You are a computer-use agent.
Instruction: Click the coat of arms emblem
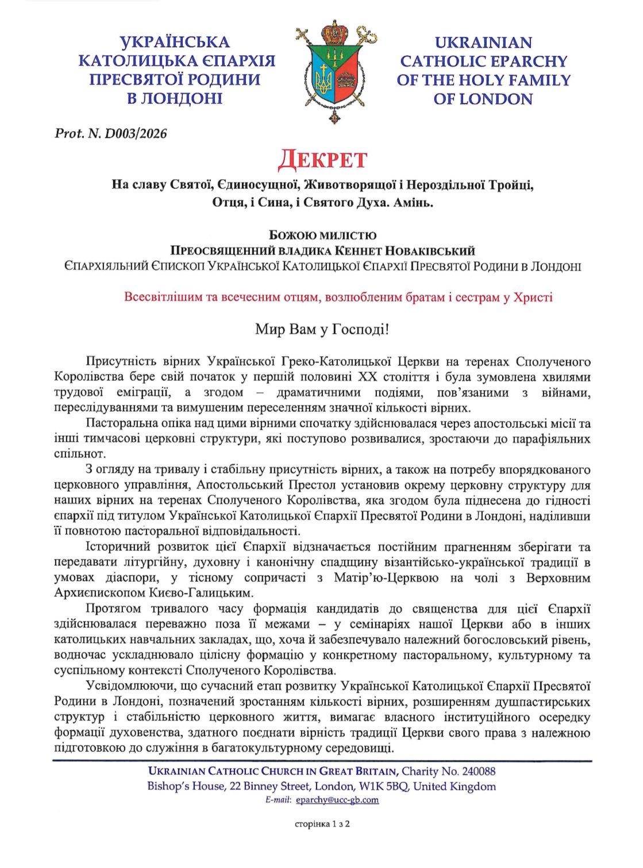(x=336, y=72)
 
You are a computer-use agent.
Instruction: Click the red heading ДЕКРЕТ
(x=322, y=160)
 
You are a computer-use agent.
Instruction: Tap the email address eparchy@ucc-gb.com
(x=337, y=800)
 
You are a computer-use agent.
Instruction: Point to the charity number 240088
(x=475, y=771)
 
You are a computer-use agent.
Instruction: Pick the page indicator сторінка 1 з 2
(x=322, y=824)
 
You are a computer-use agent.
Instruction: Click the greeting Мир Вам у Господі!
(x=322, y=330)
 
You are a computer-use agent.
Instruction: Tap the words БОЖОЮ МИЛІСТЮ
(x=322, y=235)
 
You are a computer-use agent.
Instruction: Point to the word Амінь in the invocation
(x=413, y=203)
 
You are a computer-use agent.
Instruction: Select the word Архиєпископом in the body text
(x=93, y=593)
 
